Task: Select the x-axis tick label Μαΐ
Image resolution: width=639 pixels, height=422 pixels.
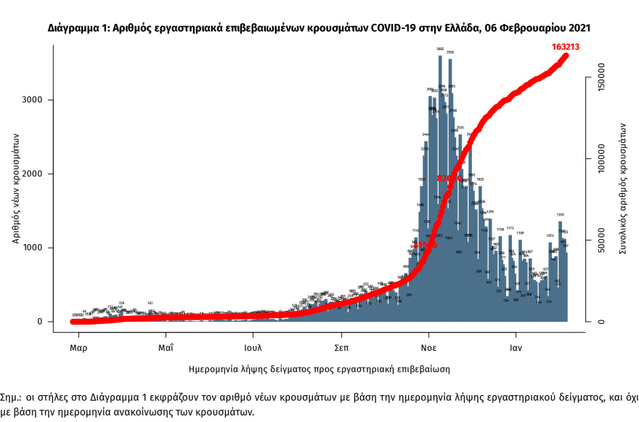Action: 166,346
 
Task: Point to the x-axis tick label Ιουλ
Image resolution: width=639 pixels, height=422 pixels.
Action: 253,346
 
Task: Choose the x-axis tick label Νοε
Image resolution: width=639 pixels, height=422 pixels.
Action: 429,346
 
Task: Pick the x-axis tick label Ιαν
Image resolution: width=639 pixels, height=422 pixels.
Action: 516,346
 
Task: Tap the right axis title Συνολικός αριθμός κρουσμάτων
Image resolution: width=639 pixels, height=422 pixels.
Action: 622,187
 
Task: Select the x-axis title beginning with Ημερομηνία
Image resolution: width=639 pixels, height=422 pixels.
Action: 319,369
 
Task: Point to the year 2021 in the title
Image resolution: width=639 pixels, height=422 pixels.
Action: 577,28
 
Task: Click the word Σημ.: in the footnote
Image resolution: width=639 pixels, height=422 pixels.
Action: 12,399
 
